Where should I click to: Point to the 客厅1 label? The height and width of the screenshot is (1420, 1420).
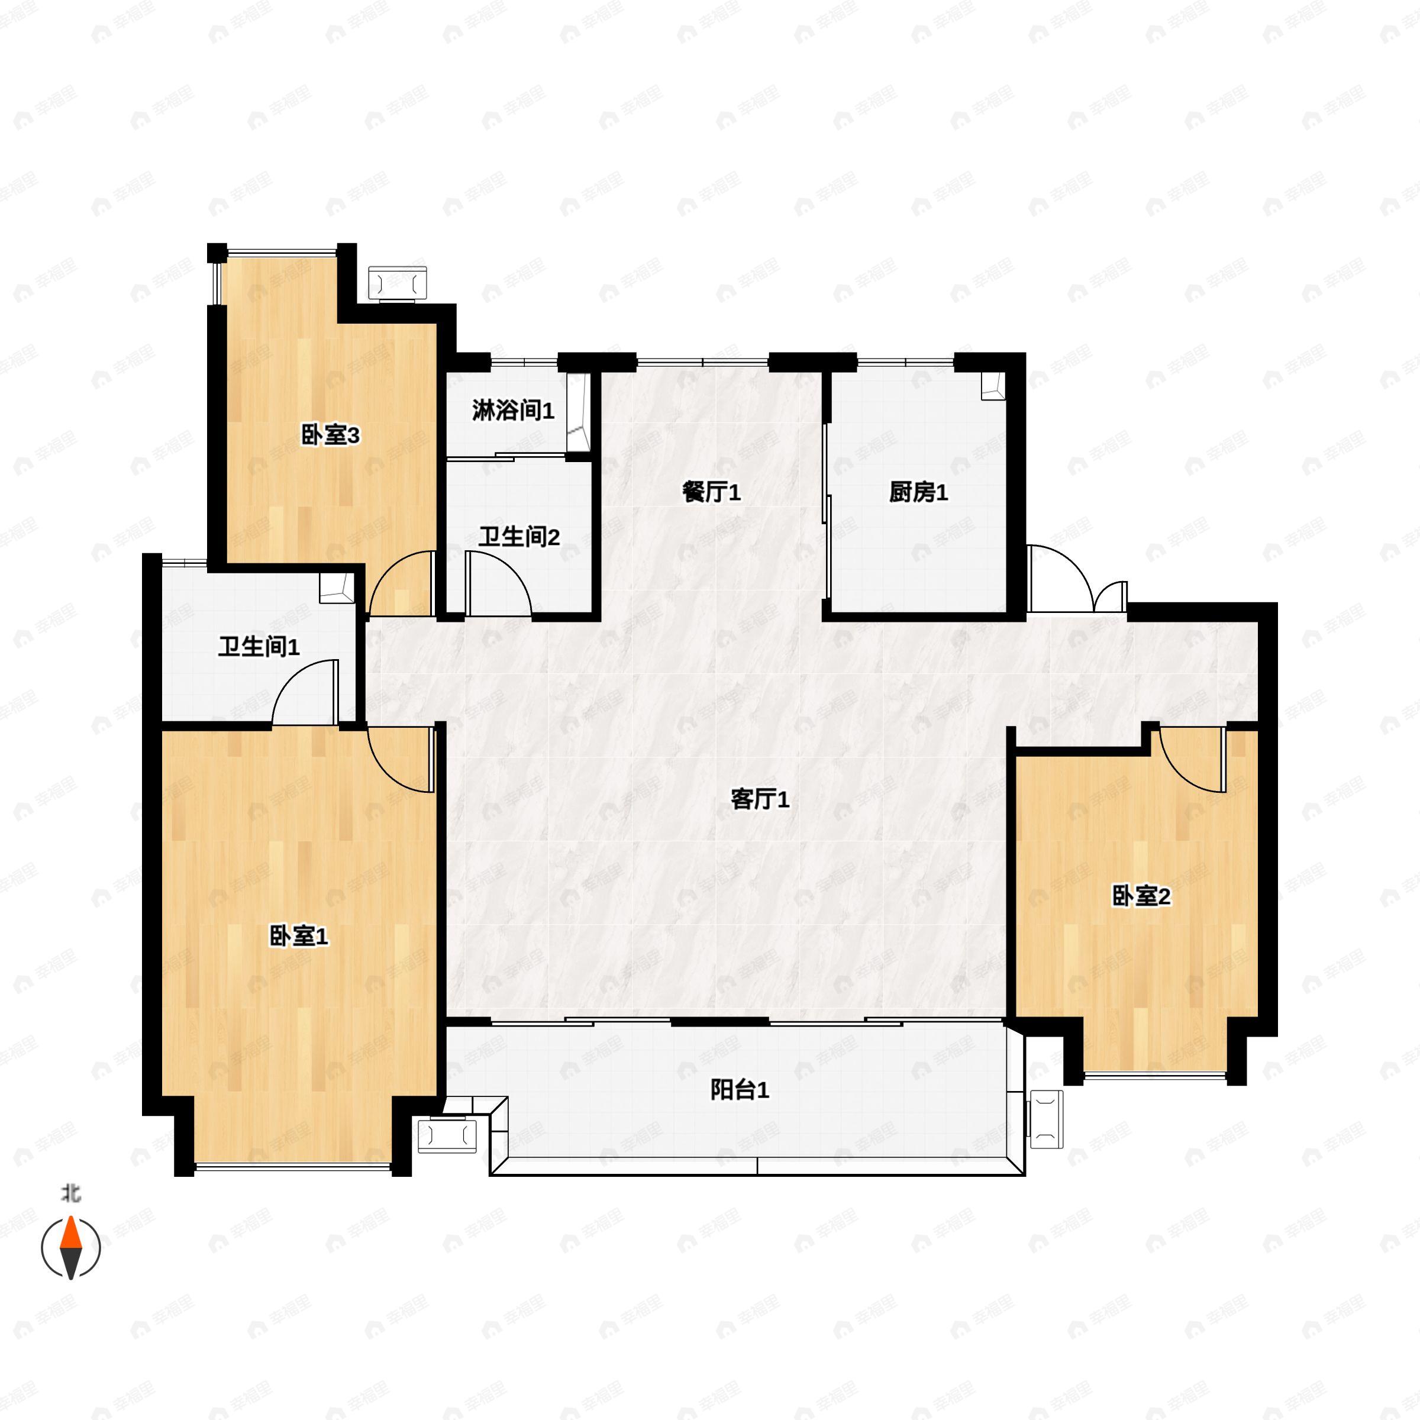(x=760, y=799)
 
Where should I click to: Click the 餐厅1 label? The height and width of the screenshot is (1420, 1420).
(x=711, y=492)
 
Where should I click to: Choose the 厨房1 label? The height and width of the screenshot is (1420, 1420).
(x=919, y=492)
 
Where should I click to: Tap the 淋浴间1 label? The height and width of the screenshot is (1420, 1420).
(x=513, y=410)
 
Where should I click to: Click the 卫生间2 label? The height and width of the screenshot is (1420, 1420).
(x=519, y=537)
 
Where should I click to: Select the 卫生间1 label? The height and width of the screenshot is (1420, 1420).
(x=259, y=647)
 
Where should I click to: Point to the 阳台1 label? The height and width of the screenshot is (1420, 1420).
(x=740, y=1090)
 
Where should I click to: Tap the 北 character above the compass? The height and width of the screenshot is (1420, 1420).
(x=70, y=1193)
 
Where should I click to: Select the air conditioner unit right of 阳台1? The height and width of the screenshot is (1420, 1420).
(x=1047, y=1119)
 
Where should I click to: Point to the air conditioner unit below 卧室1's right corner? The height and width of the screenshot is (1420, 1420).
(x=447, y=1135)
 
